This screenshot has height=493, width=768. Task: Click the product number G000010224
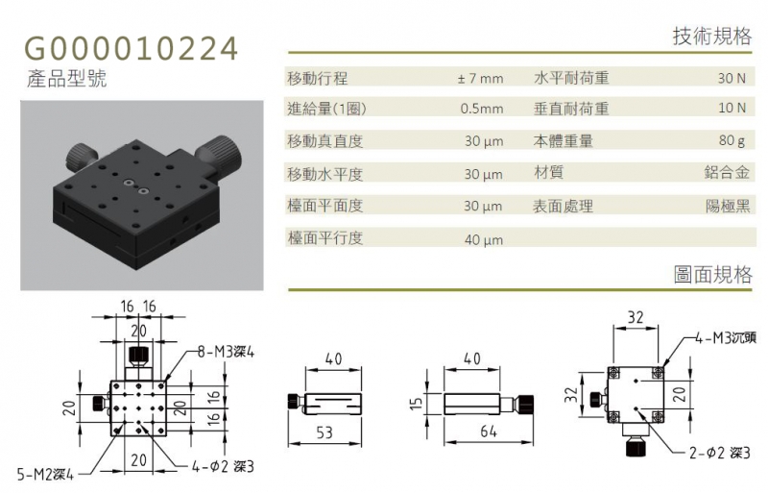pos(132,49)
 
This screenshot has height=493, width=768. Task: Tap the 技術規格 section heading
pos(712,37)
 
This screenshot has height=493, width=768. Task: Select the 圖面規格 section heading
pos(712,275)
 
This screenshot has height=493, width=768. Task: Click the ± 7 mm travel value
pos(480,79)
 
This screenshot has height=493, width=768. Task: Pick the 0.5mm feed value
pos(482,109)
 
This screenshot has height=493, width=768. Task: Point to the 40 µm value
pos(484,240)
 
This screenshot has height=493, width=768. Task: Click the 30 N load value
pos(732,78)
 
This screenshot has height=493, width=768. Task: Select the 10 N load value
pos(732,108)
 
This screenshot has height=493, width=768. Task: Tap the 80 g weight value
pos(732,140)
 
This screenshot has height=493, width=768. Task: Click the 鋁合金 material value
pos(727,172)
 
